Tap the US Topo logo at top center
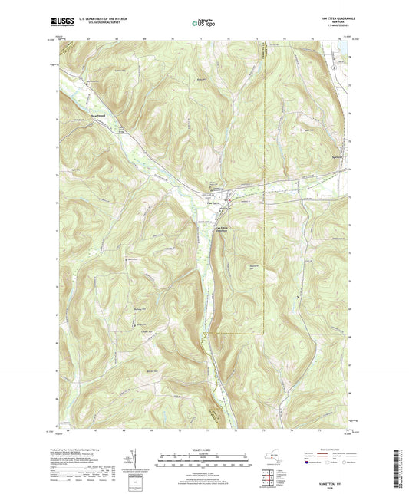200,23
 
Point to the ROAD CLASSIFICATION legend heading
331,448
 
